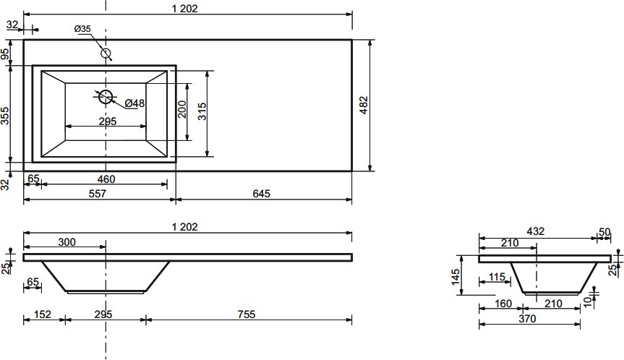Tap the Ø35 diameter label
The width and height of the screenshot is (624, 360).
82,29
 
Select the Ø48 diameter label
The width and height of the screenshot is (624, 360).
134,103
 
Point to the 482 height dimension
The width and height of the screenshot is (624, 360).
364,106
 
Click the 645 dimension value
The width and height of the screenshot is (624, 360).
261,194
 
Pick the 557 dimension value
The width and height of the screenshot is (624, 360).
97,194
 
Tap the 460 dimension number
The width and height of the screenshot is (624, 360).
106,179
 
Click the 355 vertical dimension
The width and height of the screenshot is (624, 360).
5,116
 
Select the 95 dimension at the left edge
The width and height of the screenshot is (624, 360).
5,54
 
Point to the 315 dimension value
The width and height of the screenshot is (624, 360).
202,112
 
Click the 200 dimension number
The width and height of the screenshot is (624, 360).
182,109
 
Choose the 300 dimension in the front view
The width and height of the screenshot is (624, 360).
67,242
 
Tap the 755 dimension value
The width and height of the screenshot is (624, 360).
247,314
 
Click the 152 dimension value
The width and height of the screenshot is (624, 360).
43,314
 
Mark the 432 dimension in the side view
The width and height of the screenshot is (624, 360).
535,231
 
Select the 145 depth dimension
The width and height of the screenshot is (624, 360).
456,277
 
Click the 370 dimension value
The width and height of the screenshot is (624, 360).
527,319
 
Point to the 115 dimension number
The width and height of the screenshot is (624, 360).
497,276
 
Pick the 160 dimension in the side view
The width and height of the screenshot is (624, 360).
503,304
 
